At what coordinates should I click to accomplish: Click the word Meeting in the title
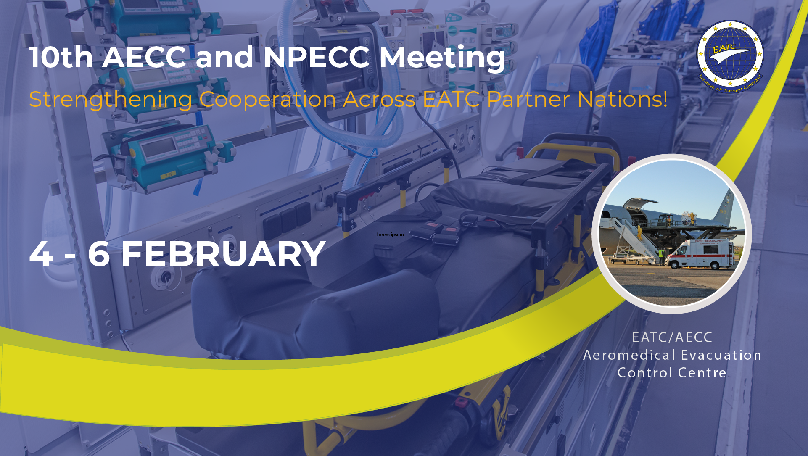[x=442, y=58]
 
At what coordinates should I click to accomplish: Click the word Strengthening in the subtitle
[x=111, y=100]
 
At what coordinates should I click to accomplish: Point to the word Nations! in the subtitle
[x=623, y=99]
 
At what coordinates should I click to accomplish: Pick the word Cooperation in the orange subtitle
[x=268, y=100]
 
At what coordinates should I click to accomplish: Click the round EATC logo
[x=730, y=56]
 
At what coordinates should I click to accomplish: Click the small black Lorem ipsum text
[x=390, y=235]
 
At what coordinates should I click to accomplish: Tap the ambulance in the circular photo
[x=700, y=254]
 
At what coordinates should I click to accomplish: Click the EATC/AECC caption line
[x=672, y=337]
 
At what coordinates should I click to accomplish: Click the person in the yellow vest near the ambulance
[x=661, y=257]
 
